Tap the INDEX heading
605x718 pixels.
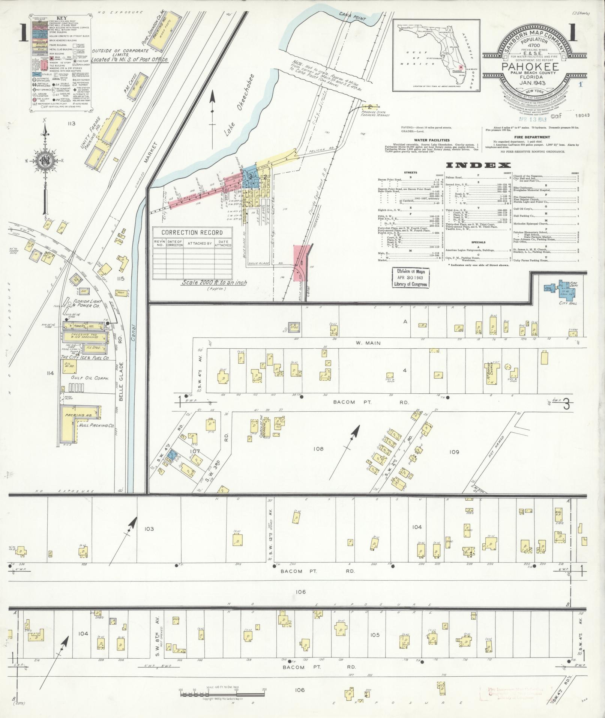point(478,165)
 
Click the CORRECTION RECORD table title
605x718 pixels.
point(192,232)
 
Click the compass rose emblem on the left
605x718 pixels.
point(45,161)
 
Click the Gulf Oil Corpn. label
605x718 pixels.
point(90,378)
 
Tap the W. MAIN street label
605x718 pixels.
point(370,343)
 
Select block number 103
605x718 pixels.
point(149,528)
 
